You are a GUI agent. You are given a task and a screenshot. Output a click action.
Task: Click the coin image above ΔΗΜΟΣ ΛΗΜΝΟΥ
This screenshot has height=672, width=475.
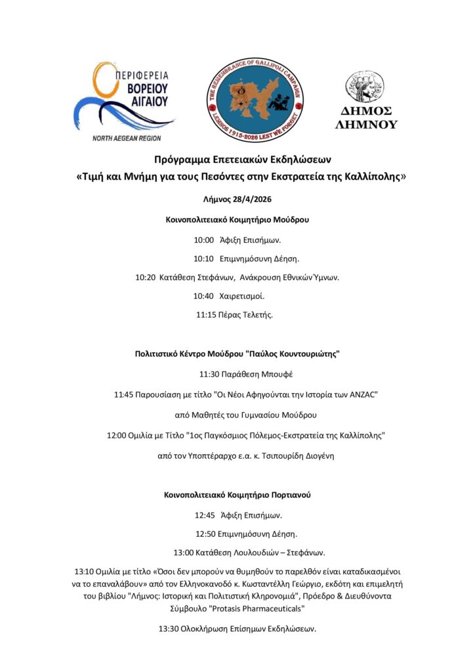tap(365, 86)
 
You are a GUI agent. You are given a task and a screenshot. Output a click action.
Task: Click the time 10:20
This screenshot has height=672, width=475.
tap(146, 278)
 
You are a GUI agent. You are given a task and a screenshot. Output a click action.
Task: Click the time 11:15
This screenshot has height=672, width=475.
tap(206, 315)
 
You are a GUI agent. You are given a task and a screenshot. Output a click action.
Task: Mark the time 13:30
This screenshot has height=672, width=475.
tap(169, 629)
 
